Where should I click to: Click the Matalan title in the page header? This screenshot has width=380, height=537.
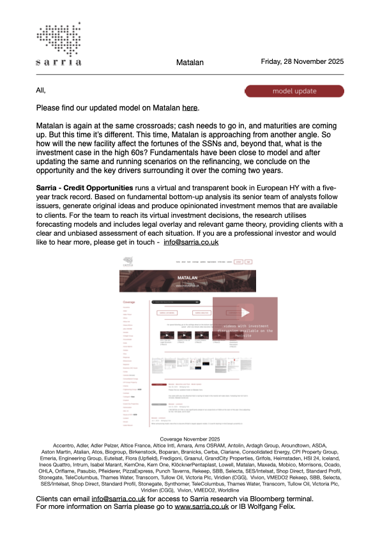point(190,63)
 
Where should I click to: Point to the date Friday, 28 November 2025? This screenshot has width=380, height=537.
point(302,62)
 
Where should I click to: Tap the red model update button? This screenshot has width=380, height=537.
point(294,91)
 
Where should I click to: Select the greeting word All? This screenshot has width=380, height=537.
point(42,91)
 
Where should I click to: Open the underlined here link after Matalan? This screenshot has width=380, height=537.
point(190,107)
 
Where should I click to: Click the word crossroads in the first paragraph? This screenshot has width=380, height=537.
point(157,125)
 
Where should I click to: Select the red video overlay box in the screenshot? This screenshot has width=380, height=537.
point(245,319)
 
